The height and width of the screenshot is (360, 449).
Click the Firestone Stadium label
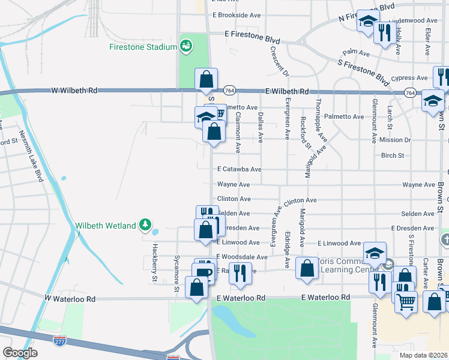(x=143, y=47)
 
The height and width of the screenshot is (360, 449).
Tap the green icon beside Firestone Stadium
(x=186, y=46)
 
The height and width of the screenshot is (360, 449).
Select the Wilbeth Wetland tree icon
(x=145, y=225)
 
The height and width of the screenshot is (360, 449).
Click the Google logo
(x=20, y=353)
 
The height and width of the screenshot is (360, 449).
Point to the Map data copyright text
(x=424, y=355)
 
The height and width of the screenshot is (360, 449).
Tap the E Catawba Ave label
(x=239, y=170)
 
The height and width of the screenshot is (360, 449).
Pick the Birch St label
(x=393, y=155)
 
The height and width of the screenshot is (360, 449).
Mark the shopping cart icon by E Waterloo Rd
(x=406, y=302)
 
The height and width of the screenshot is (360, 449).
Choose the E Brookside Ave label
(x=237, y=15)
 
